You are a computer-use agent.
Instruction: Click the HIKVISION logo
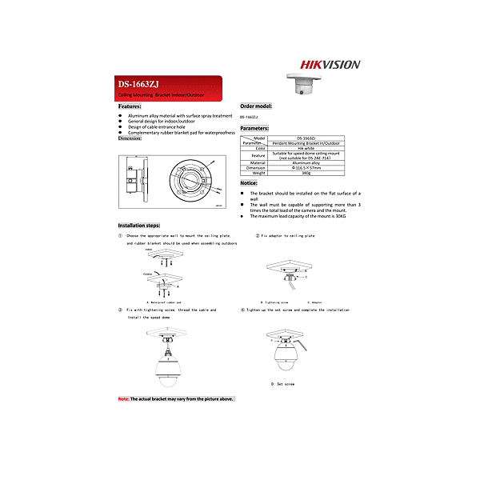[x=330, y=65]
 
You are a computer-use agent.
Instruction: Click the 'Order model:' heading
[x=256, y=106]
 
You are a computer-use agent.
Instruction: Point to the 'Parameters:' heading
[x=254, y=128]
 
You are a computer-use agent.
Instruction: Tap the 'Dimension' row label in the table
[x=255, y=168]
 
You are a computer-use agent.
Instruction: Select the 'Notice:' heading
[x=249, y=183]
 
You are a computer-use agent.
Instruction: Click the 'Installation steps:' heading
[x=139, y=226]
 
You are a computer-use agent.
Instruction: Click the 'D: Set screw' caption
[x=283, y=384]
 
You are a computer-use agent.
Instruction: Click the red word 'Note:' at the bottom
[x=123, y=398]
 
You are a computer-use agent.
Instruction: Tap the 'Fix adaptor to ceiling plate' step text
[x=287, y=236]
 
